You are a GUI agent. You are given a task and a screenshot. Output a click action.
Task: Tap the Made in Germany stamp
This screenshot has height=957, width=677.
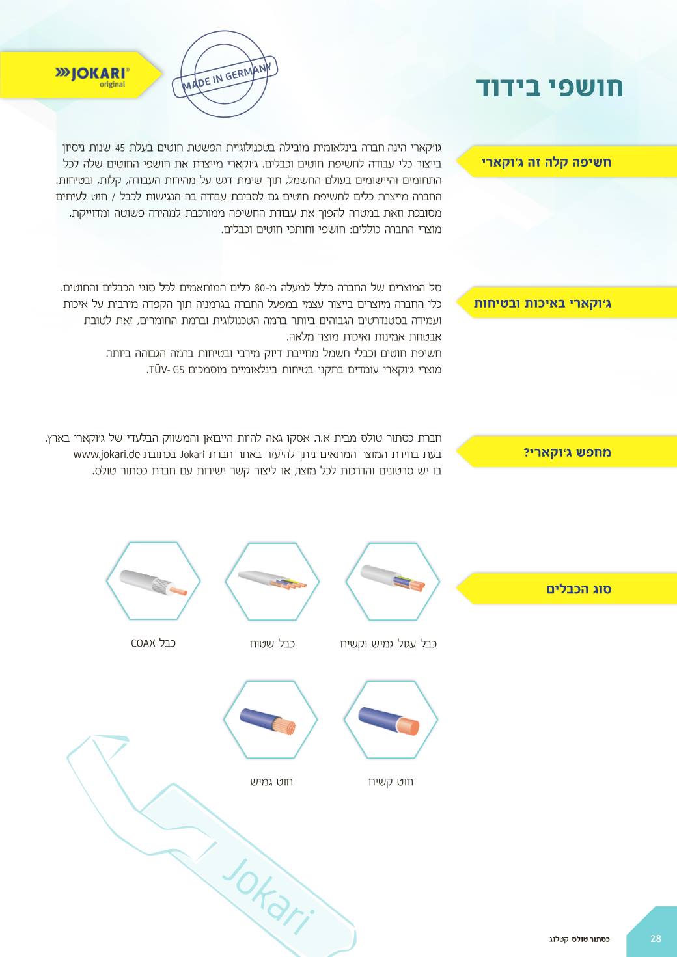click(225, 74)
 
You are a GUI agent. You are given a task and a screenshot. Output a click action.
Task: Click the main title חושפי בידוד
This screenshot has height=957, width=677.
click(549, 87)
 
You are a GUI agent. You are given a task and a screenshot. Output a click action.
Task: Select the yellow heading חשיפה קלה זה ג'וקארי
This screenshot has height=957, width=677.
click(546, 162)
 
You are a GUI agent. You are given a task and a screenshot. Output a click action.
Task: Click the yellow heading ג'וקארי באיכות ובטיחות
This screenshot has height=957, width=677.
click(542, 303)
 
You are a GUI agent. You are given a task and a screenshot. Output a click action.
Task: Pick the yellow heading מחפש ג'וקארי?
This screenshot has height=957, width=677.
click(567, 452)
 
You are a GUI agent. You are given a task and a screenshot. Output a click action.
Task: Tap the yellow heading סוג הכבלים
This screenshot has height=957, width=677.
click(578, 589)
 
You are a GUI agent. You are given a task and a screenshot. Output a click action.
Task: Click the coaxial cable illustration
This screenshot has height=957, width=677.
click(153, 580)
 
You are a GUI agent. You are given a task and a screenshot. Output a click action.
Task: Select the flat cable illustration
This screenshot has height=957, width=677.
click(272, 580)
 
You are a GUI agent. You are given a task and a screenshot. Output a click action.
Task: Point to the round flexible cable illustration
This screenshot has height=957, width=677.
click(391, 580)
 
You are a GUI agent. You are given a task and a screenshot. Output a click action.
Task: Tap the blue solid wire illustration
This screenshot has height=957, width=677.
click(390, 720)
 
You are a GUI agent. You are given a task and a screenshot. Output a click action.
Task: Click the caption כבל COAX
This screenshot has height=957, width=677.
click(153, 643)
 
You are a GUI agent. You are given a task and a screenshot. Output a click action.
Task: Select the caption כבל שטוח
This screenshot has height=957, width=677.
click(272, 644)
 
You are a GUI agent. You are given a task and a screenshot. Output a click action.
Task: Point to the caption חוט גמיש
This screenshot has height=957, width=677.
click(271, 781)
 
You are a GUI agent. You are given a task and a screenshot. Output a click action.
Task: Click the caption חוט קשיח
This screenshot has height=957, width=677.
click(391, 781)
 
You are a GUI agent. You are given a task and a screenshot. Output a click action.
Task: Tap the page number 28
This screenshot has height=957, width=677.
click(656, 938)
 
